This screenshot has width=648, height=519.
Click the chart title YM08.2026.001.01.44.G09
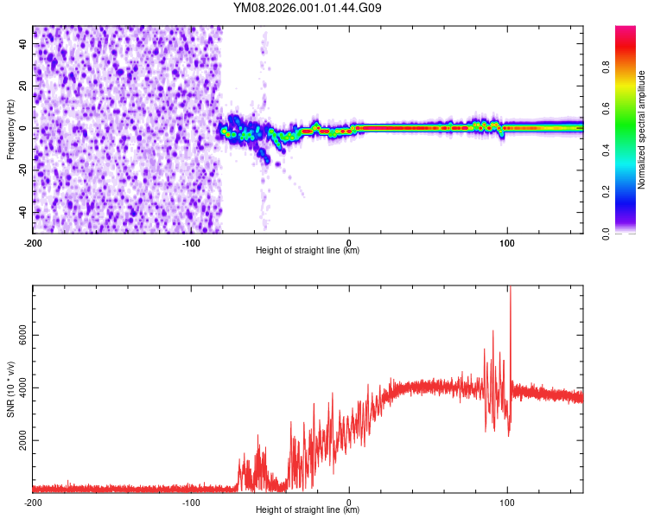308,9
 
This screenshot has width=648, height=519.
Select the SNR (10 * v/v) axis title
10,388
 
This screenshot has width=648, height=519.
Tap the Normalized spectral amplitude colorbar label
642,129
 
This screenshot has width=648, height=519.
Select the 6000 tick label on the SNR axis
18,335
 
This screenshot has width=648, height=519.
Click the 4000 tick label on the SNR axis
18,388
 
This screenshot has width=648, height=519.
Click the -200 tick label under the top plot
33,241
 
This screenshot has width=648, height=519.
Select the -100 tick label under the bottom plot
191,502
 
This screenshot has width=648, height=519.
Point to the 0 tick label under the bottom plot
349,502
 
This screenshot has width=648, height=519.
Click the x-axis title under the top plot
308,251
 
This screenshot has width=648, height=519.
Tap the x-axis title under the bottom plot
308,510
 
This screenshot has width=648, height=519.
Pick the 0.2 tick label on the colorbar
607,192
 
